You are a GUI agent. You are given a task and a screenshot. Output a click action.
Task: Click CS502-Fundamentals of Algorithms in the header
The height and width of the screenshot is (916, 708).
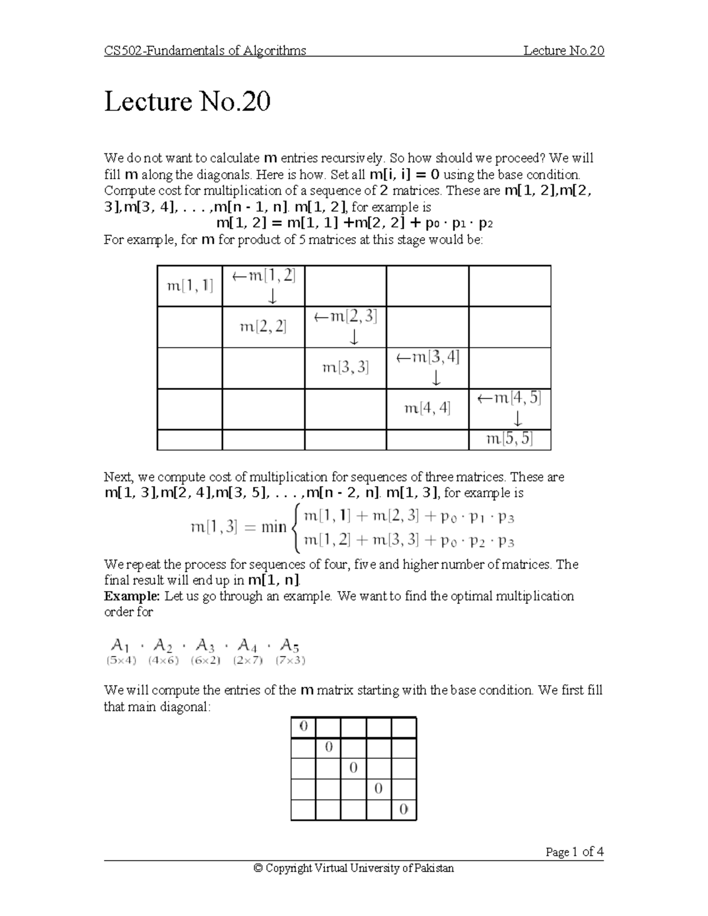point(205,51)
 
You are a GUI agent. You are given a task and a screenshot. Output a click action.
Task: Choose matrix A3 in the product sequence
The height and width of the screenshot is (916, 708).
point(204,645)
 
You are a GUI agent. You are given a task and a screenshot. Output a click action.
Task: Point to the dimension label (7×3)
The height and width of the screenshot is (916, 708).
point(290,661)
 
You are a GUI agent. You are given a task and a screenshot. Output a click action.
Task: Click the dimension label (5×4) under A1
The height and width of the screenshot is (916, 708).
point(122,661)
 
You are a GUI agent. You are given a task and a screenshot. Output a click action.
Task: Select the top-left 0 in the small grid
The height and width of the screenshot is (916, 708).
point(303,727)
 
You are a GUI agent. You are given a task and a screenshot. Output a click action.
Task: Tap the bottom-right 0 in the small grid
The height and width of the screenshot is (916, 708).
point(404,809)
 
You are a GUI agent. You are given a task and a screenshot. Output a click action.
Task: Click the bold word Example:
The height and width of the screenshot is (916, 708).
point(132,596)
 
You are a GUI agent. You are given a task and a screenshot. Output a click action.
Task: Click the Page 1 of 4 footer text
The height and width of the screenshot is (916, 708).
point(574,852)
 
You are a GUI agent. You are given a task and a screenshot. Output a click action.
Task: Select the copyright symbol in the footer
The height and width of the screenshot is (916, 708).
point(257,868)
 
